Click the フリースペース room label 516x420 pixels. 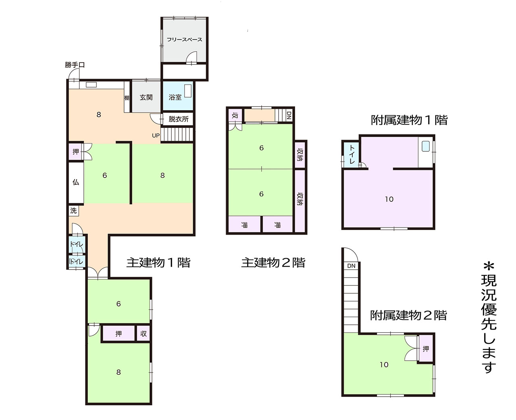pyautogui.click(x=184, y=40)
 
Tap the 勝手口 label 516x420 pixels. pyautogui.click(x=75, y=65)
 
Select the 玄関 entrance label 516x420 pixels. pyautogui.click(x=146, y=98)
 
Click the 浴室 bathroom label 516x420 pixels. pyautogui.click(x=175, y=98)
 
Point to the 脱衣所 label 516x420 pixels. pyautogui.click(x=179, y=119)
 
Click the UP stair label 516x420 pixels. pyautogui.click(x=156, y=136)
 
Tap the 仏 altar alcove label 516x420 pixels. pyautogui.click(x=76, y=182)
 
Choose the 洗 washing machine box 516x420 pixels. pyautogui.click(x=73, y=211)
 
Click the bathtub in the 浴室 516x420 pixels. pyautogui.click(x=188, y=91)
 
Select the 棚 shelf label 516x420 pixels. pyautogui.click(x=127, y=98)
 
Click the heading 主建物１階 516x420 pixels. pyautogui.click(x=158, y=262)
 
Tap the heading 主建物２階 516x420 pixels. pyautogui.click(x=273, y=262)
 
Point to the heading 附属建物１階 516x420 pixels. pyautogui.click(x=409, y=120)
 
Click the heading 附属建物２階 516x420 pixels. pyautogui.click(x=409, y=315)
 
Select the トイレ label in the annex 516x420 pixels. pyautogui.click(x=352, y=155)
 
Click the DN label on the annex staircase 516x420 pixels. pyautogui.click(x=351, y=266)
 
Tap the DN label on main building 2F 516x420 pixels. pyautogui.click(x=289, y=115)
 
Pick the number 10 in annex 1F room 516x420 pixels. pyautogui.click(x=389, y=199)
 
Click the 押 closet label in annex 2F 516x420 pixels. pyautogui.click(x=426, y=349)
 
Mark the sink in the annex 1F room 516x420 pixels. pyautogui.click(x=426, y=146)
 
